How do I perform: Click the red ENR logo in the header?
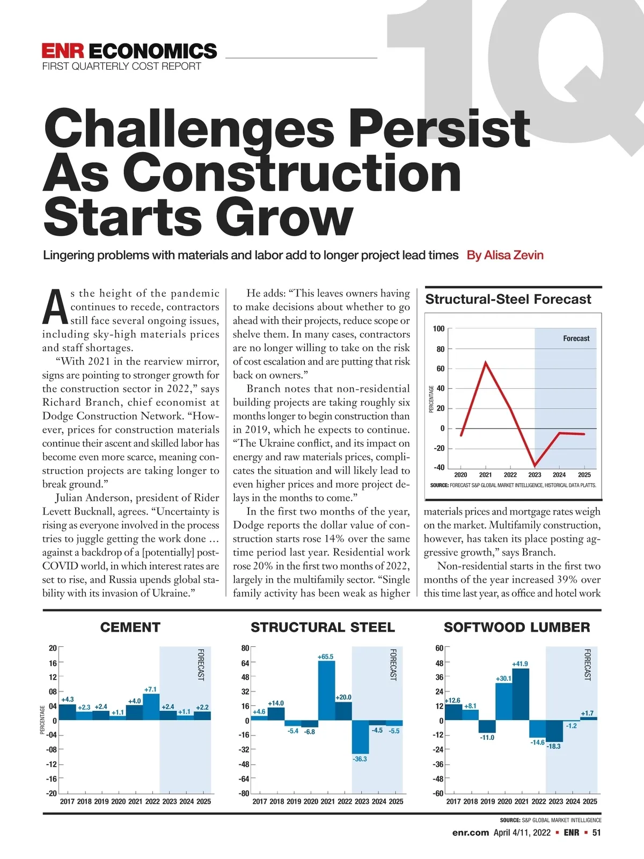[63, 51]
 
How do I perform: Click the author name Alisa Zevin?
[505, 255]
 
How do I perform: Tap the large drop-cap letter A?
[55, 307]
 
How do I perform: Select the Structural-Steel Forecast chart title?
[508, 299]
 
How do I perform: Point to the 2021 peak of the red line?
[486, 362]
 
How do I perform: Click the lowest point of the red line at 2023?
[535, 465]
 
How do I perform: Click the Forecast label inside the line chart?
[576, 338]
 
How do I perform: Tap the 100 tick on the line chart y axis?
[438, 329]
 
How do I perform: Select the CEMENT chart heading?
[130, 627]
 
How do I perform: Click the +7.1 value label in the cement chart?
[151, 689]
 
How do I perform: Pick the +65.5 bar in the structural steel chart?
[326, 690]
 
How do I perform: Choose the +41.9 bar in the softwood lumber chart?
[521, 694]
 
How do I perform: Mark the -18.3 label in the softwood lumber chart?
[553, 746]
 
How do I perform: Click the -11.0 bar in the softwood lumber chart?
[487, 726]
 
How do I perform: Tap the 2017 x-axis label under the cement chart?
[67, 802]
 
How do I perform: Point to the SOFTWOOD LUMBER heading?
[517, 627]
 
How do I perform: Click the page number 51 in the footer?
[596, 833]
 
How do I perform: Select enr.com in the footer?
[471, 833]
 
